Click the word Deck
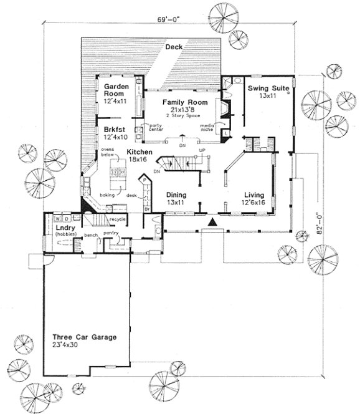click(x=174, y=47)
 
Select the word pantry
click(x=112, y=233)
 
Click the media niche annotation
click(x=207, y=128)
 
